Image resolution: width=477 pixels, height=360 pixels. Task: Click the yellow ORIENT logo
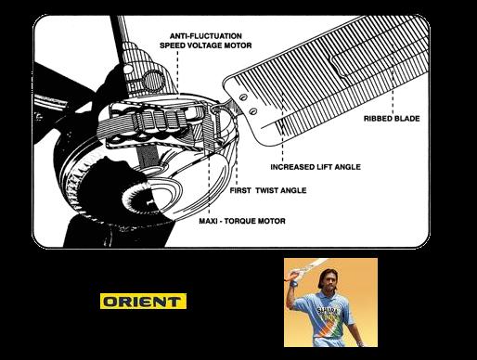tap(143, 301)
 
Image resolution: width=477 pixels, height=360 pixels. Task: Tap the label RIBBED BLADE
tap(392, 119)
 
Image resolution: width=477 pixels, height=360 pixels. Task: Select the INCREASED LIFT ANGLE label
tap(316, 167)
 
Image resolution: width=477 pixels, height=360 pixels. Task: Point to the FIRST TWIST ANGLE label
tap(268, 190)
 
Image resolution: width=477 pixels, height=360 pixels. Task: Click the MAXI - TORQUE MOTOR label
tap(242, 221)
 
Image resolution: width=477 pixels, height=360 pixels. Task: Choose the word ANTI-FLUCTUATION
tap(206, 36)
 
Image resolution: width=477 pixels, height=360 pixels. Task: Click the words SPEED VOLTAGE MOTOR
tap(206, 45)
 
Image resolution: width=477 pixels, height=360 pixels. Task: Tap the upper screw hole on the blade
tap(244, 96)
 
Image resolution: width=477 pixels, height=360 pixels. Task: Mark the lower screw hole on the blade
tap(253, 110)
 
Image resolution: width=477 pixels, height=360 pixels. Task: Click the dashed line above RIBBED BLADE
tap(393, 79)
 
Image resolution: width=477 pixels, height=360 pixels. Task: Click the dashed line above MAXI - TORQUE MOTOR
tap(209, 183)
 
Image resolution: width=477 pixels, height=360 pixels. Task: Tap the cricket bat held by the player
tap(309, 266)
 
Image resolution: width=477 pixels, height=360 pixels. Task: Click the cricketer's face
tap(329, 280)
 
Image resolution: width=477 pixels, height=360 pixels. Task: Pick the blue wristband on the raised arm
tap(292, 282)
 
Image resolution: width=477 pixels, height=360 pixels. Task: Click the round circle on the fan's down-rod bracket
tap(153, 80)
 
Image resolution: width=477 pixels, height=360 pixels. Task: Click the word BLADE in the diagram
tap(407, 119)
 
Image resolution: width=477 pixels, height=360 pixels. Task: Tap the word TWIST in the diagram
tap(267, 190)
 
